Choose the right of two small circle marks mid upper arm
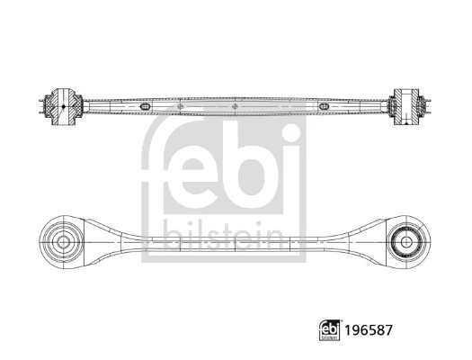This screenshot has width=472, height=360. [236, 107]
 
